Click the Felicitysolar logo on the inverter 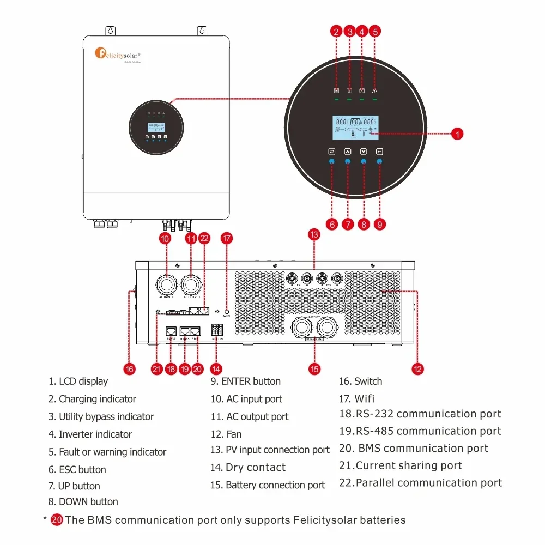118,54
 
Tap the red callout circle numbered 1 458,134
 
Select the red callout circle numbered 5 374,31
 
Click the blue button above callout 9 379,162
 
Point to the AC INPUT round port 166,284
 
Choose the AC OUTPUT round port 191,284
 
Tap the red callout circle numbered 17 227,238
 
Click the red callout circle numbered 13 313,234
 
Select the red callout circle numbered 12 417,369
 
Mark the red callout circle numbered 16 129,369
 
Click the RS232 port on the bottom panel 171,331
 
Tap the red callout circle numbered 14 216,369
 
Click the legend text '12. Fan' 226,434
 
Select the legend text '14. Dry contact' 248,468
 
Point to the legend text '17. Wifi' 357,398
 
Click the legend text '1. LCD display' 78,381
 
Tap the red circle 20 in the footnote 57,520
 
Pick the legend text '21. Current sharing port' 401,466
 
